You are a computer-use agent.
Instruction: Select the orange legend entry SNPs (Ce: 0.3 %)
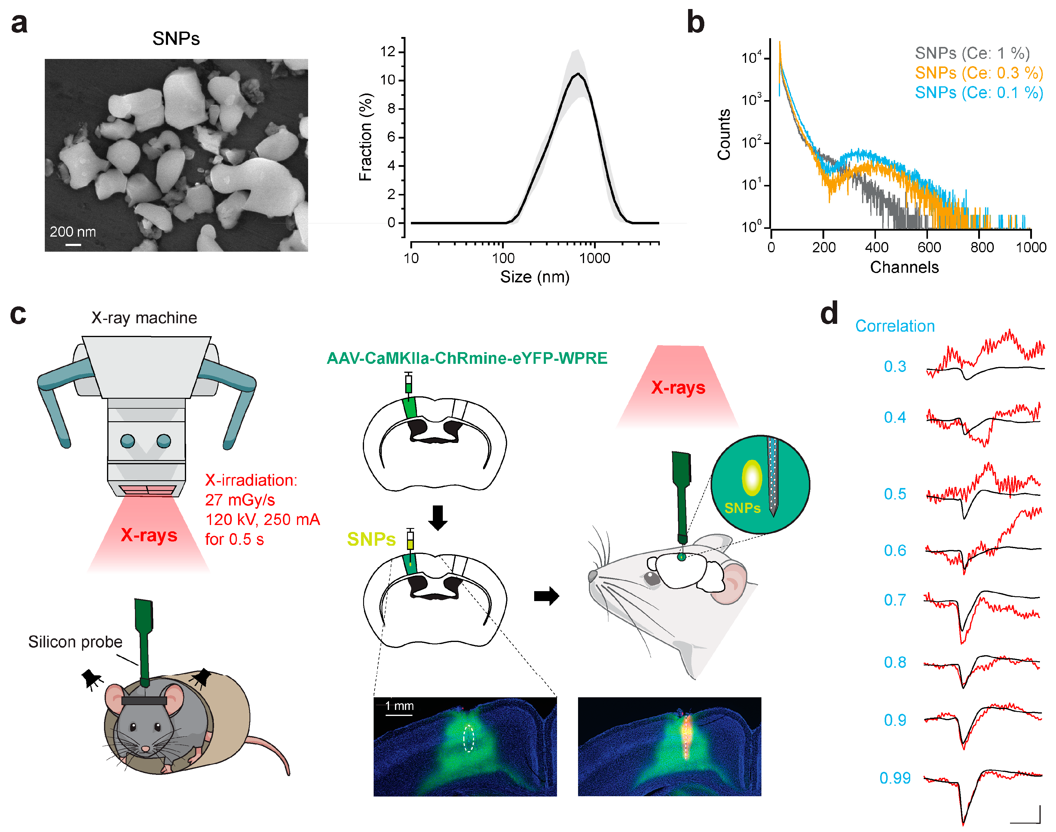tap(978, 73)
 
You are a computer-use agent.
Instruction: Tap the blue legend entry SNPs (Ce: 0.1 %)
tap(978, 93)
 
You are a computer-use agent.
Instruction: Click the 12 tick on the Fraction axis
tap(388, 52)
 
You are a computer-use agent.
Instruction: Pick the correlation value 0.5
tap(895, 494)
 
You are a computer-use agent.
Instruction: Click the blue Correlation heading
tap(895, 326)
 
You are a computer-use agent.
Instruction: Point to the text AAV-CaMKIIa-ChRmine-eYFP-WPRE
tap(467, 358)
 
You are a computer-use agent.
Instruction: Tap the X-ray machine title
tap(144, 318)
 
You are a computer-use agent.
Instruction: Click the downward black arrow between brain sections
tap(438, 517)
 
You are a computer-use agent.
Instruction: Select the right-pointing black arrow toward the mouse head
tap(546, 596)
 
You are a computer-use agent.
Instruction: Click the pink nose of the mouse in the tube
tap(145, 748)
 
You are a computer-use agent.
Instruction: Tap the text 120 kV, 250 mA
tap(262, 520)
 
